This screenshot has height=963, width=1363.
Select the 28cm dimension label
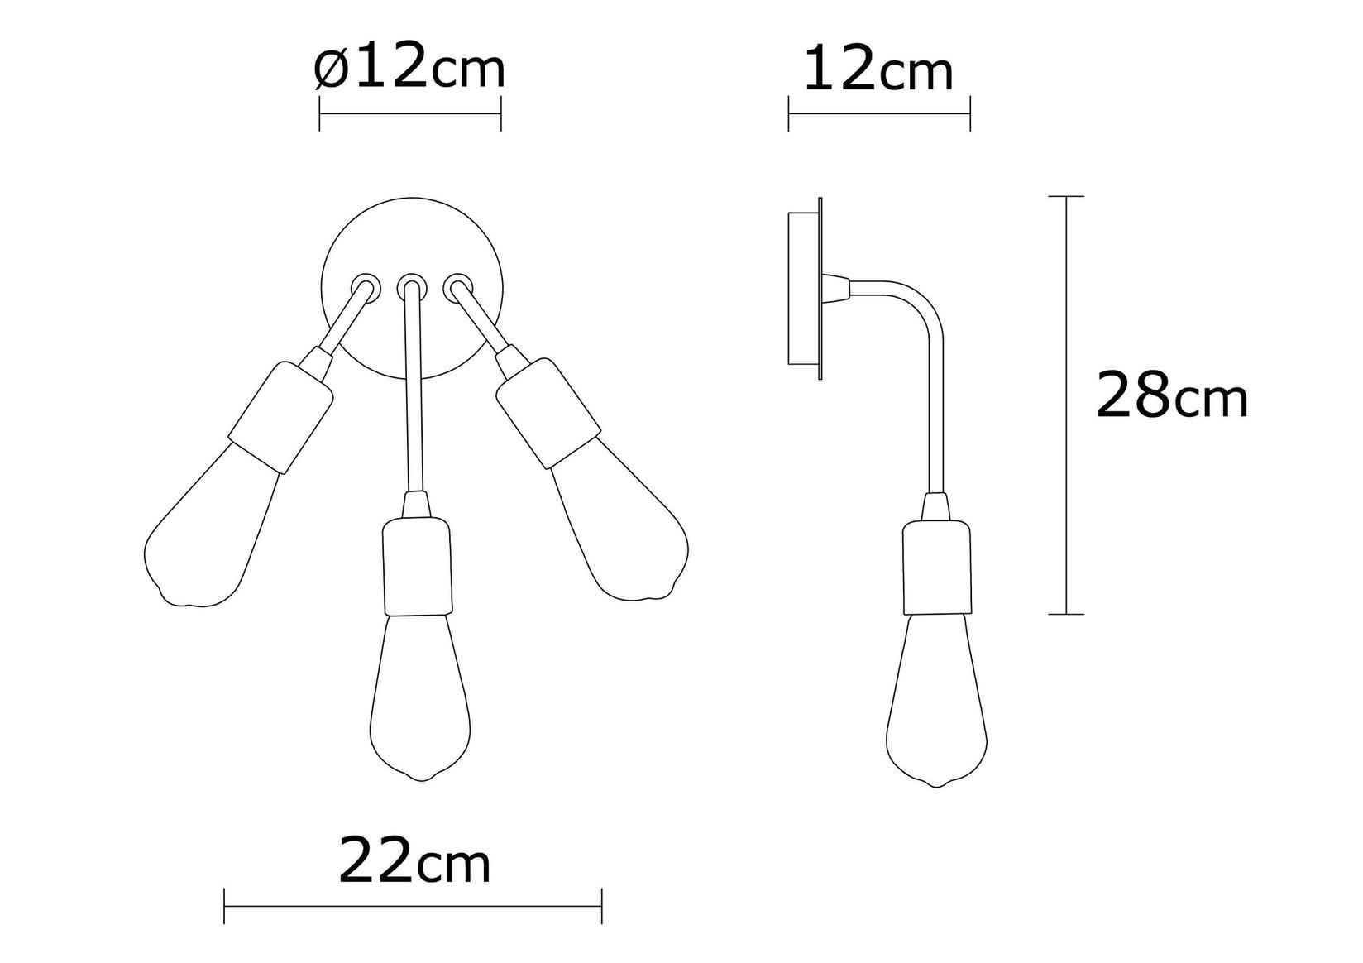click(1171, 397)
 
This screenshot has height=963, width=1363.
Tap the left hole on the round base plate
click(364, 288)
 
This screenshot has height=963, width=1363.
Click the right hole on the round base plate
click(457, 288)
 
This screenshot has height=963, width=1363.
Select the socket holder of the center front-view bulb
click(416, 566)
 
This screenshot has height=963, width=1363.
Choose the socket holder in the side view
click(936, 568)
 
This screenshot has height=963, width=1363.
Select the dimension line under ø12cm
click(410, 113)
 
